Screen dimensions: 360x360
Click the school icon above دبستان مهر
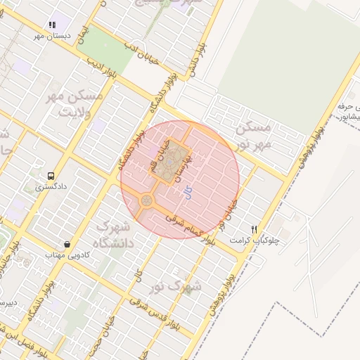[52, 25]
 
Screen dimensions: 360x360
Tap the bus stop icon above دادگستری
[50, 176]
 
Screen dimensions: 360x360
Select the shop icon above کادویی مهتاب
[67, 244]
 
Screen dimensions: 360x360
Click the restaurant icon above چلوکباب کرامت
[255, 229]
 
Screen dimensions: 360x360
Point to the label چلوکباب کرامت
[255, 240]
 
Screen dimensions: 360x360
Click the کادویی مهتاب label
[65, 255]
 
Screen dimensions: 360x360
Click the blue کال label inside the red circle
[186, 192]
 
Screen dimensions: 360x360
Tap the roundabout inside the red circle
[146, 201]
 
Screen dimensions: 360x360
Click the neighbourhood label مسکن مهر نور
[254, 136]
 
